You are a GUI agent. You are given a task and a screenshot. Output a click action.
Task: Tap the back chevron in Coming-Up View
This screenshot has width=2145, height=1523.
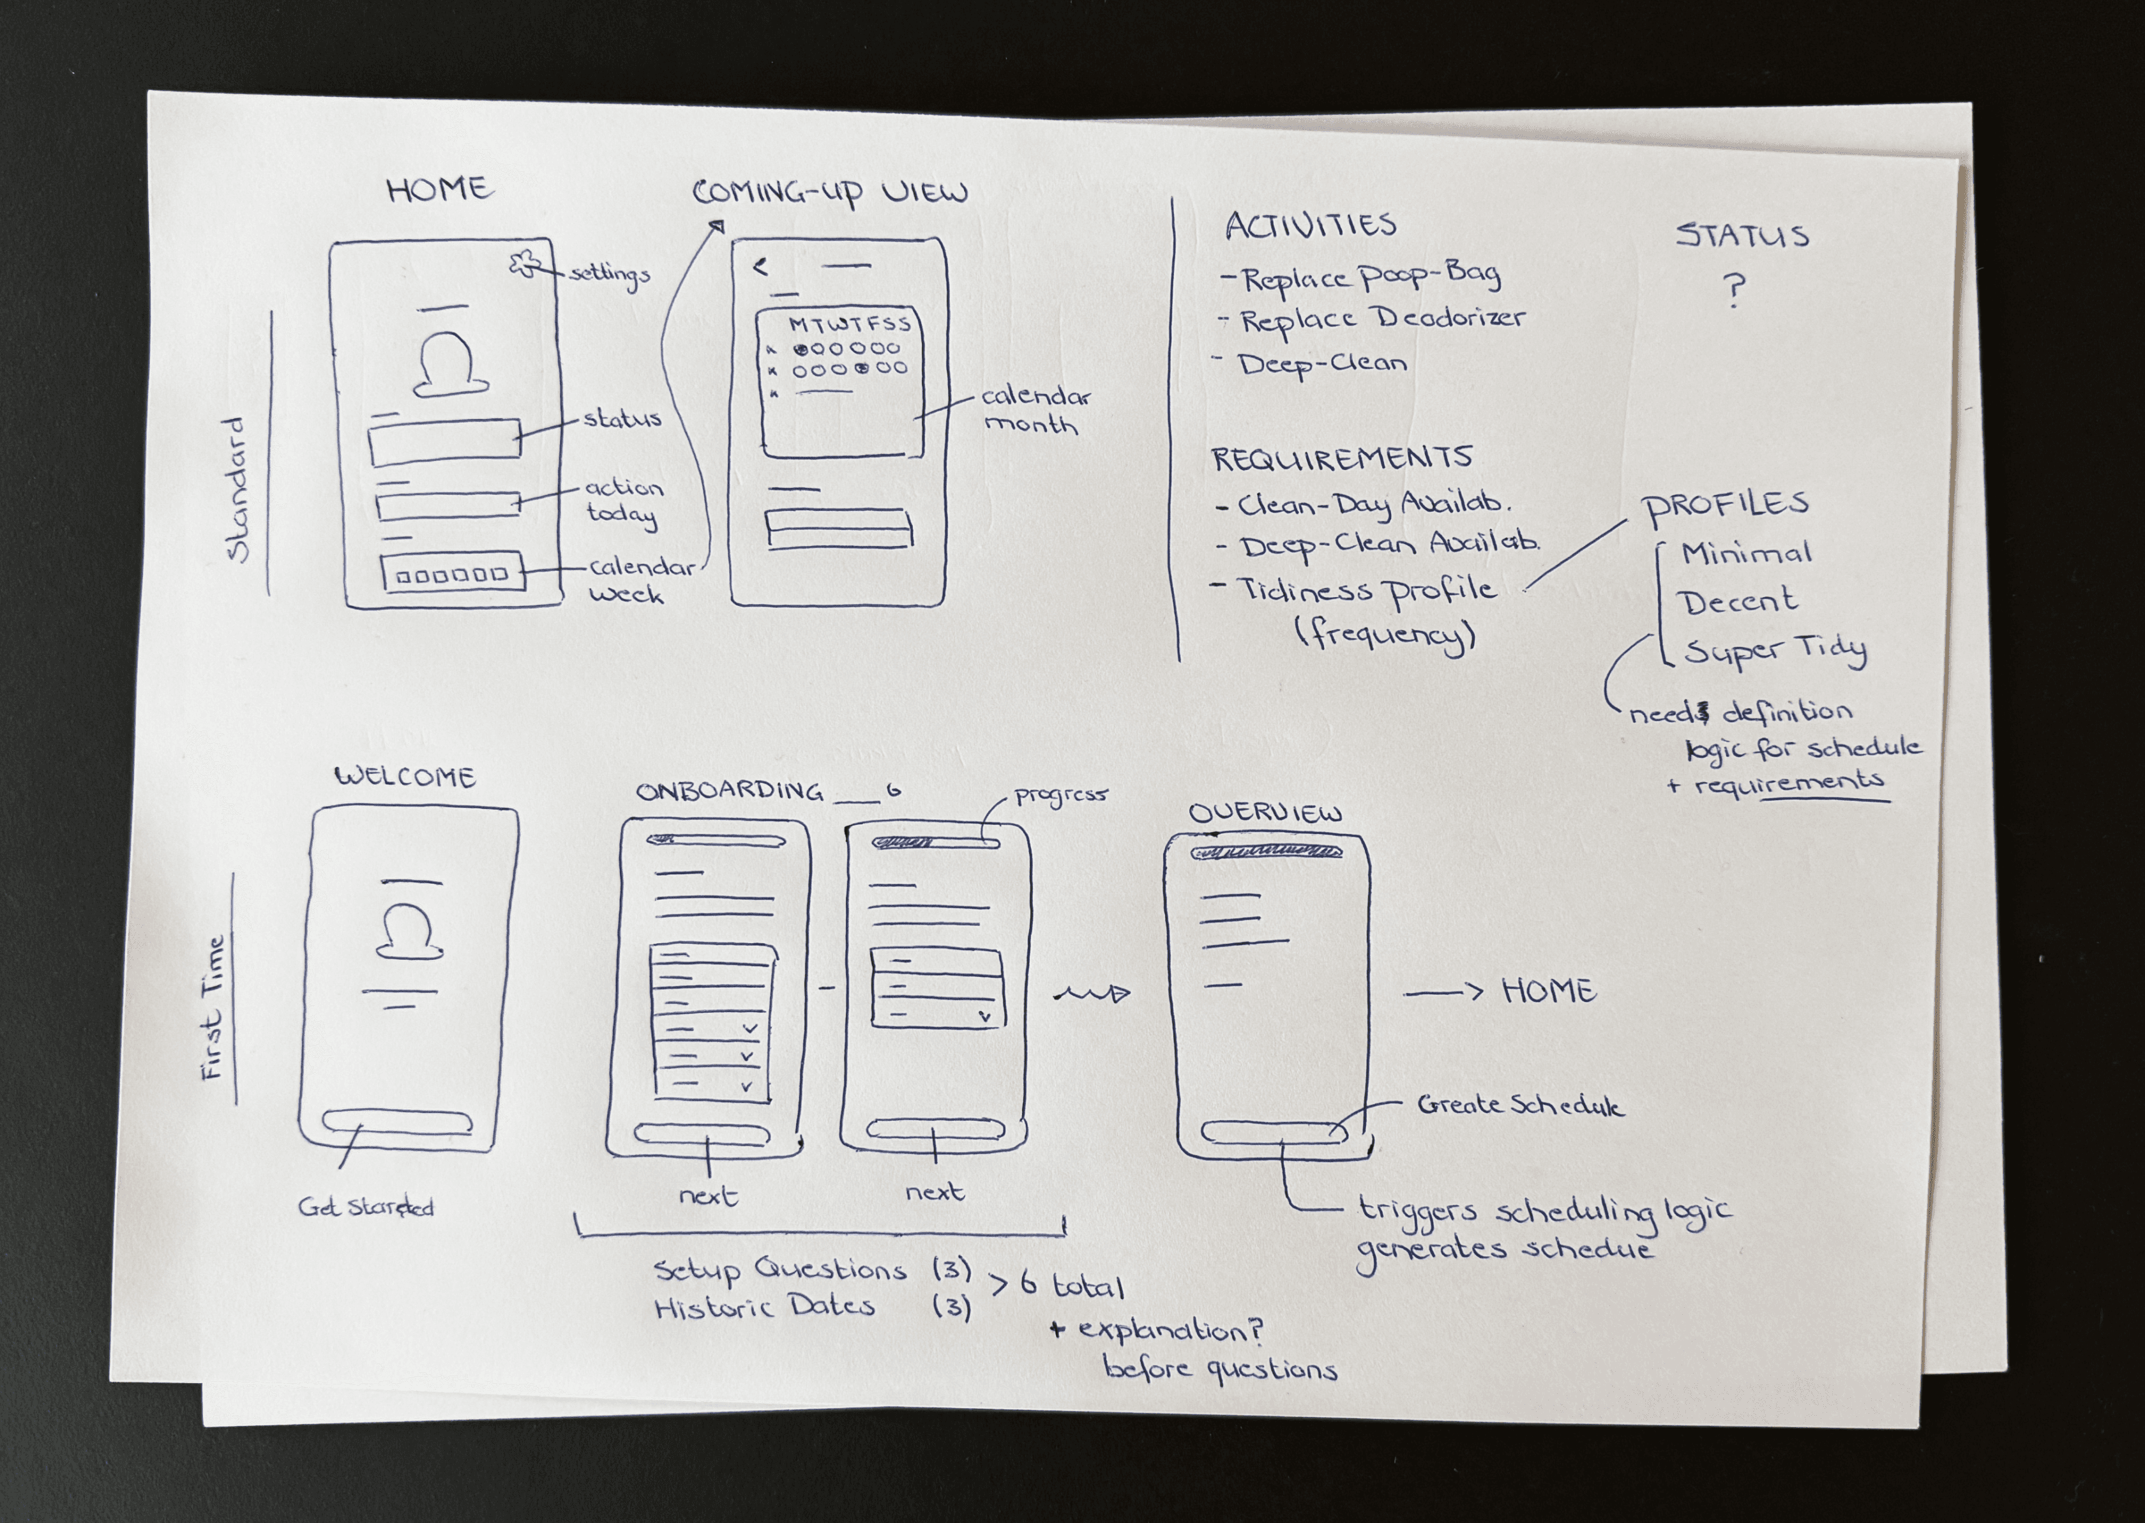760,268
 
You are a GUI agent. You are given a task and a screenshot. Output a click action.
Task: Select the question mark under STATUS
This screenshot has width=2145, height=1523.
1735,291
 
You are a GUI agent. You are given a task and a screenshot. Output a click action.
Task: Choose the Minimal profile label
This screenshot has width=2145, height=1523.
1745,553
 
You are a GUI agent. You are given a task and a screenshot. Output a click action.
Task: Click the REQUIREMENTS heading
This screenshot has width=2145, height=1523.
1341,458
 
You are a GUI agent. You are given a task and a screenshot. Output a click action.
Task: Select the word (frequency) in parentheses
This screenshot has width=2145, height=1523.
1385,635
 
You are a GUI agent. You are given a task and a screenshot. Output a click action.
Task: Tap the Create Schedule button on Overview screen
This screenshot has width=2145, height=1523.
1274,1133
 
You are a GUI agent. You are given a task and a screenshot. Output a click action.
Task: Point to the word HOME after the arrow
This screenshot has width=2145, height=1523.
1548,991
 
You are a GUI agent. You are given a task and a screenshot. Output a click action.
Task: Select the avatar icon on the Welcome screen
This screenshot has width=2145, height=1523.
409,932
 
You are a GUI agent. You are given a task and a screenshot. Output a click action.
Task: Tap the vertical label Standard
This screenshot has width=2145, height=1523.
239,490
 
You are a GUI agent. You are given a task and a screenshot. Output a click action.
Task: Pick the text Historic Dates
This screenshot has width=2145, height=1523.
764,1307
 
